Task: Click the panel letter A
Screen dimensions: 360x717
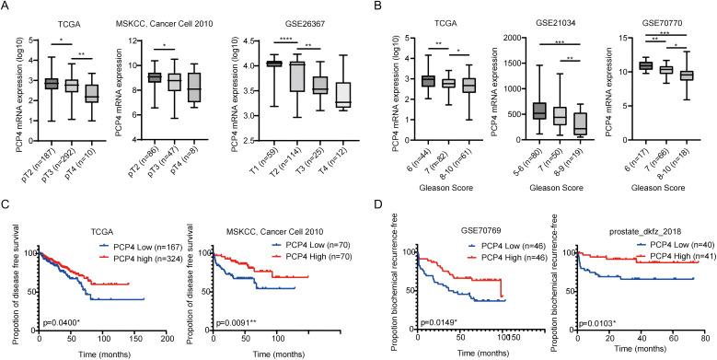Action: click(7, 8)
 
